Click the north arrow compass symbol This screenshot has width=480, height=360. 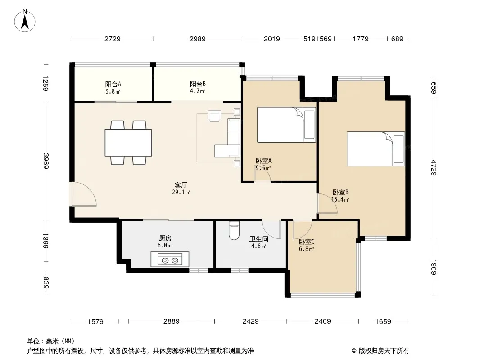pos(25,20)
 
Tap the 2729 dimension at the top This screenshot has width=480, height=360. pos(113,39)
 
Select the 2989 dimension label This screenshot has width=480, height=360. pos(198,39)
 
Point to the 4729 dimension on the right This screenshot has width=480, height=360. pos(434,167)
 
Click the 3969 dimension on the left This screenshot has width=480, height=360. pos(46,161)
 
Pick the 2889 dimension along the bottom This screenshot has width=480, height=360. pos(172,321)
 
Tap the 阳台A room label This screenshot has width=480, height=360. pos(113,84)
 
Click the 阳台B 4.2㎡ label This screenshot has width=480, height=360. pos(198,87)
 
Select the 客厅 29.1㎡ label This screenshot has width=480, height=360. pos(181,189)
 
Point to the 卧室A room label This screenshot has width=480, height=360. pos(263,161)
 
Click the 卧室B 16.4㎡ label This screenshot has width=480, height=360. pos(340,196)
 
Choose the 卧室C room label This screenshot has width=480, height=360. pos(307,242)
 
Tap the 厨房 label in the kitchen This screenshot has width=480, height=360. pos(165,238)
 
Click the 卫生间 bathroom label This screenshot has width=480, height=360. pos(258,239)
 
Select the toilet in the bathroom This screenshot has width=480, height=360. pos(234,231)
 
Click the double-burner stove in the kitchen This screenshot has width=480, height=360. pos(170,259)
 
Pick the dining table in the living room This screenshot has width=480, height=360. pos(128,143)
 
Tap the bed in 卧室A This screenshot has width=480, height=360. pos(286,125)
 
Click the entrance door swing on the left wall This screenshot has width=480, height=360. pos(84,194)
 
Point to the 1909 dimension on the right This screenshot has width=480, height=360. pos(434,267)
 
